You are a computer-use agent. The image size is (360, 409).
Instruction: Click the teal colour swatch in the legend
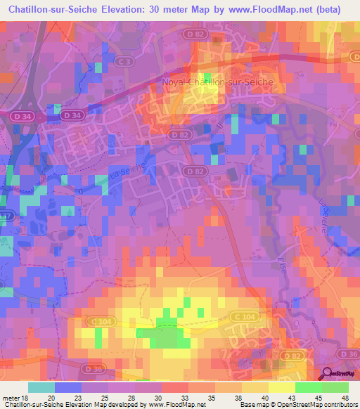point(41,387)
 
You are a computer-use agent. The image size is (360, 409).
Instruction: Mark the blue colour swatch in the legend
point(68,387)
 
